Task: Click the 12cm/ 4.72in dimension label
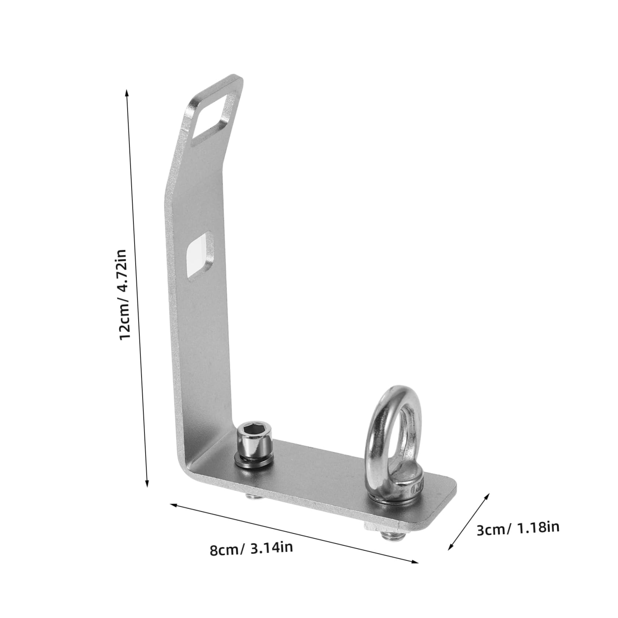(123, 294)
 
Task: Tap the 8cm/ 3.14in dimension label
(251, 549)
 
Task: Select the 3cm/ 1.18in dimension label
(518, 529)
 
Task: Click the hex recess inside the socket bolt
(254, 430)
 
